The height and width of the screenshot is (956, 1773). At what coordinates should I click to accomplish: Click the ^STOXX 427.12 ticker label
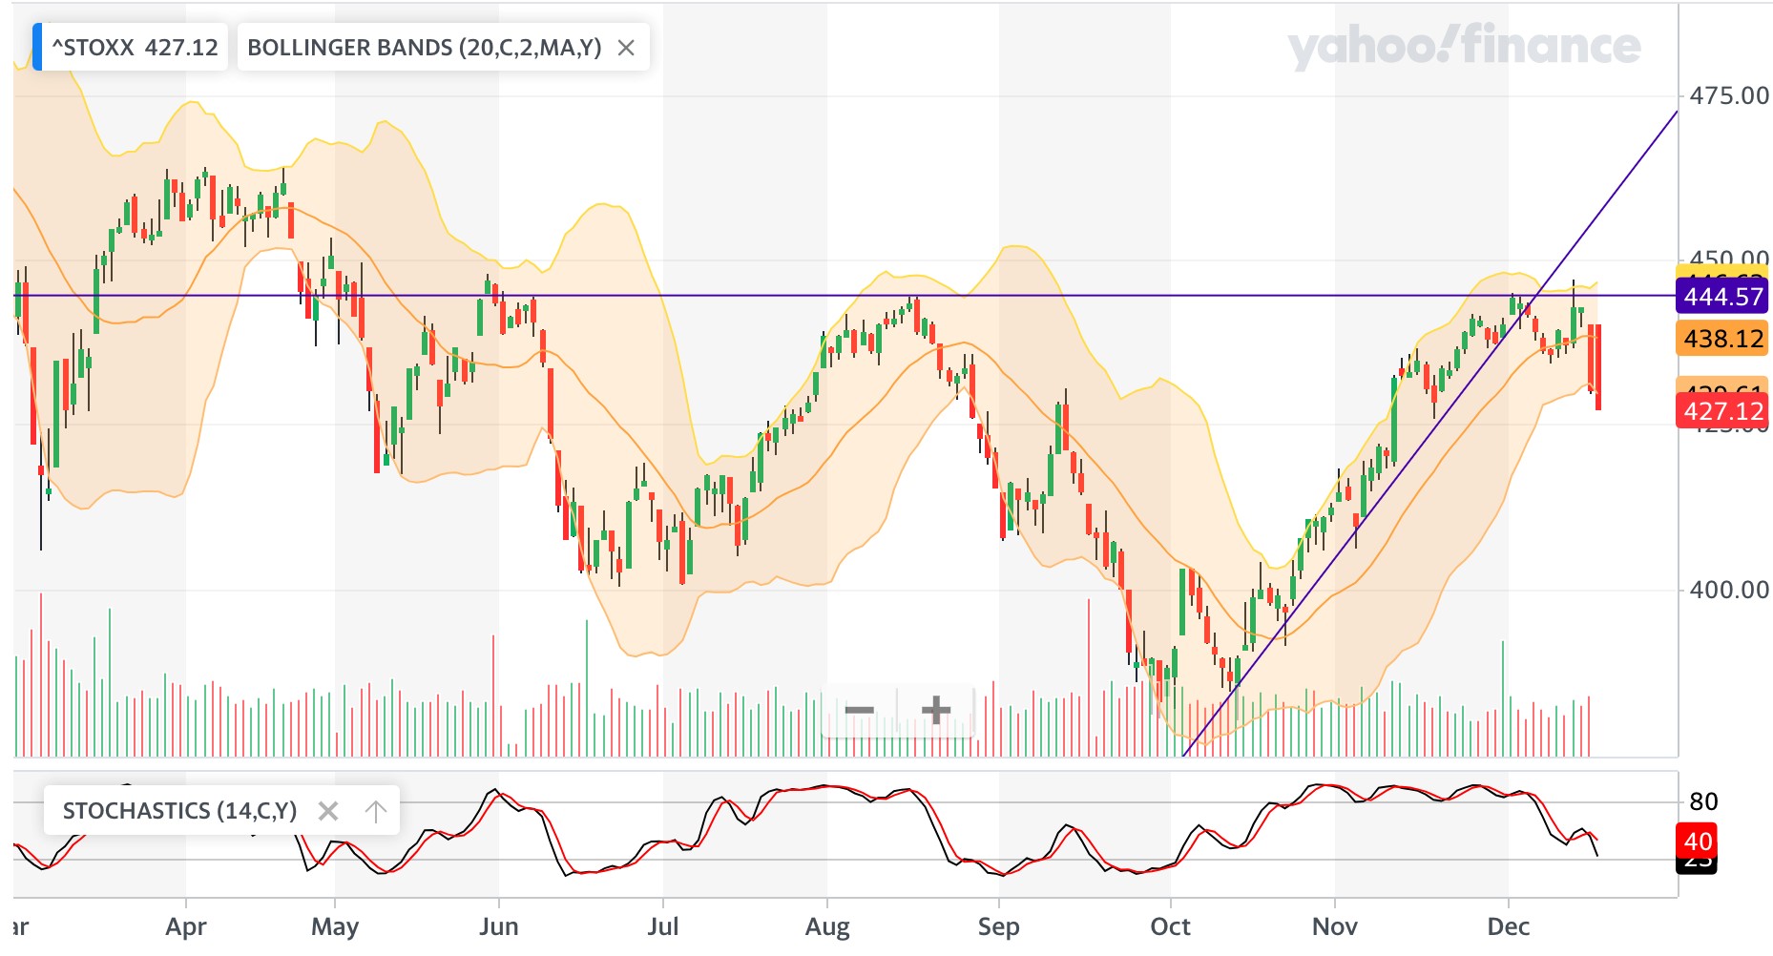point(134,48)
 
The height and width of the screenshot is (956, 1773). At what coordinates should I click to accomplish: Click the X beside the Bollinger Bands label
point(626,48)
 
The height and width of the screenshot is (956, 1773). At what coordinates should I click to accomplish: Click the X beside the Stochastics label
point(327,811)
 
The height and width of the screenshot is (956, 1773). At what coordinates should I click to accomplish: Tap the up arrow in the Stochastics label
point(376,811)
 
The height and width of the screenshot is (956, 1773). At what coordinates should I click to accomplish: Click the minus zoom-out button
point(859,710)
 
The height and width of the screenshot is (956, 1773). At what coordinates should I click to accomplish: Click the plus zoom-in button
point(936,710)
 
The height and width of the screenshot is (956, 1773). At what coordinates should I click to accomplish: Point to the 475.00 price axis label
point(1728,95)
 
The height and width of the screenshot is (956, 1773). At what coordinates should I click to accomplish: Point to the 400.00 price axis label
point(1728,590)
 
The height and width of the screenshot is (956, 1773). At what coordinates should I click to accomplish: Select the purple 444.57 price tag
point(1722,297)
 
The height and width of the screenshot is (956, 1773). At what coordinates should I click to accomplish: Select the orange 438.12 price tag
point(1722,339)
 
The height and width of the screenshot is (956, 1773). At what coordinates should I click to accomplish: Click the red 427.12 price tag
point(1722,411)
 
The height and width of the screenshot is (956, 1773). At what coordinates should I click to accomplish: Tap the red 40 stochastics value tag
point(1698,842)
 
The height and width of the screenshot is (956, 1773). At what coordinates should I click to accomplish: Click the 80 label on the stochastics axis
point(1703,801)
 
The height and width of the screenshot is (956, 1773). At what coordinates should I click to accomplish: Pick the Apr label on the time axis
point(186,926)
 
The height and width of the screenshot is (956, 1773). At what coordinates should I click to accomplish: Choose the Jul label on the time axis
point(663,926)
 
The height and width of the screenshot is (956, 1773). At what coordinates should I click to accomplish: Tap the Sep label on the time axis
point(999,926)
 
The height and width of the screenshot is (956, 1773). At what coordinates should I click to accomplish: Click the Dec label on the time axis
point(1509,926)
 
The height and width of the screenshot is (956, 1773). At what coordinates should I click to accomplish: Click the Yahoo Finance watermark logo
point(1464,46)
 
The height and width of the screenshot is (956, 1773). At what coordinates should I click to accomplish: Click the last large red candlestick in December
point(1596,367)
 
